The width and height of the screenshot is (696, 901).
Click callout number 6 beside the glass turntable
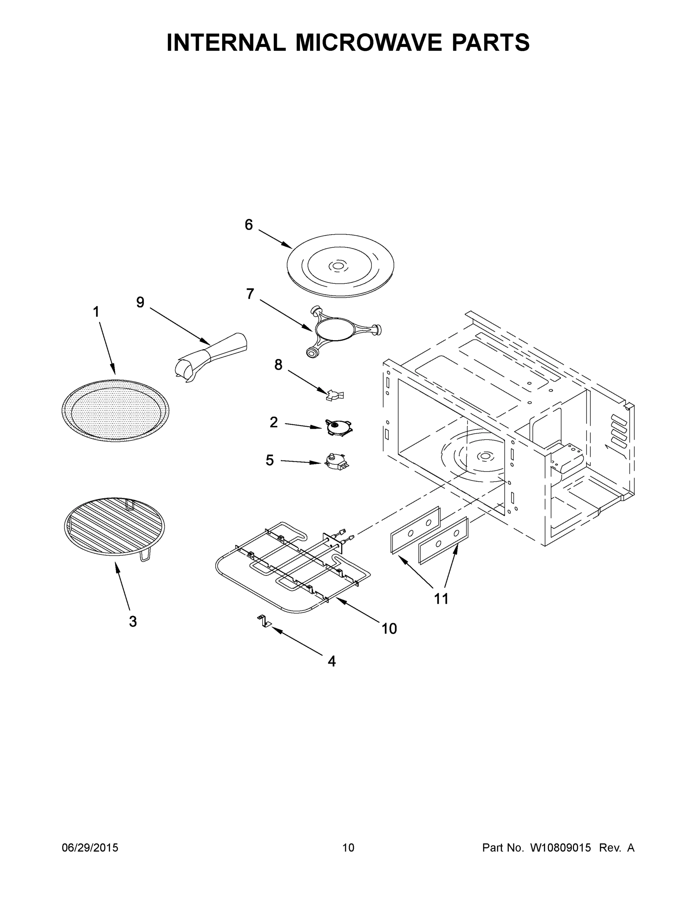[x=249, y=225]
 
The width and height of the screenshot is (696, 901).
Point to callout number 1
[x=96, y=312]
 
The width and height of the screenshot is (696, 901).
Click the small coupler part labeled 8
[x=335, y=395]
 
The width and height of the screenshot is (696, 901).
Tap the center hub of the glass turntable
[x=338, y=267]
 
